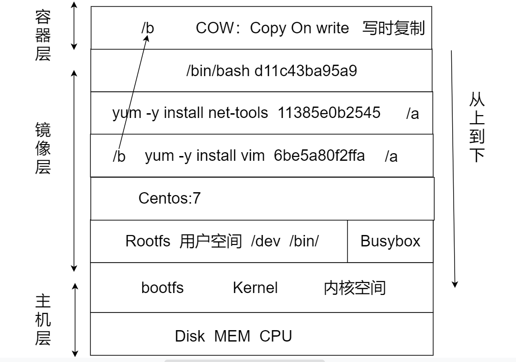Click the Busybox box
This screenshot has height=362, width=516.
tap(390, 241)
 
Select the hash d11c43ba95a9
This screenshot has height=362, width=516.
tap(306, 71)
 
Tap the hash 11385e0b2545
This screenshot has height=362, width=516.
tap(329, 113)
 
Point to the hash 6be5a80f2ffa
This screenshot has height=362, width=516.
tap(319, 156)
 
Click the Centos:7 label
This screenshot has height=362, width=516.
tap(169, 198)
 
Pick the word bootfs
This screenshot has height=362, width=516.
tap(162, 288)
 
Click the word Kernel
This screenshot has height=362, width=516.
tap(255, 288)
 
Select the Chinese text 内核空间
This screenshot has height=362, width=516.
tap(355, 288)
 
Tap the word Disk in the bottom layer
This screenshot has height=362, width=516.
tap(190, 336)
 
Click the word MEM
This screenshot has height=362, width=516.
tap(232, 336)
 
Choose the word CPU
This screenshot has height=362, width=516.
tap(276, 336)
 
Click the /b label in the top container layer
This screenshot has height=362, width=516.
tap(148, 29)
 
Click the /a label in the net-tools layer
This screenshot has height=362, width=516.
tap(412, 114)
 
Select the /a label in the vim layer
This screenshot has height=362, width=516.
tap(391, 157)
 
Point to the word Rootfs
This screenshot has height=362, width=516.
tap(148, 241)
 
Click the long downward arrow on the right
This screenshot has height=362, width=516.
tap(454, 166)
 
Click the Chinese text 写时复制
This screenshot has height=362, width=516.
tap(393, 29)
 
